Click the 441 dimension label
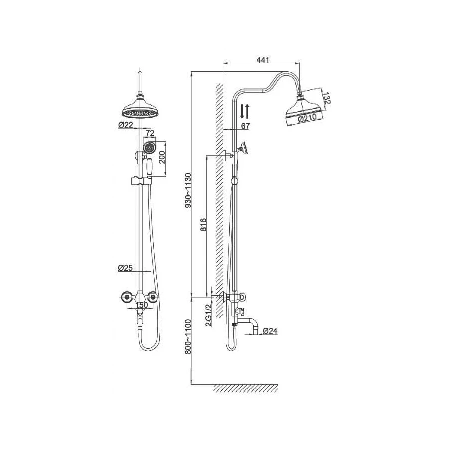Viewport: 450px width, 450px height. (263, 60)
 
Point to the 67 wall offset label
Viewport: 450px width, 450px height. (245, 126)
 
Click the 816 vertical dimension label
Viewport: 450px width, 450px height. (203, 225)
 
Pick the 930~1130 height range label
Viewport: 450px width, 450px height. (188, 190)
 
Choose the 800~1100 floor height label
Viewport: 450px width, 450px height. (188, 337)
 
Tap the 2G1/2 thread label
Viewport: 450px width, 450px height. (209, 315)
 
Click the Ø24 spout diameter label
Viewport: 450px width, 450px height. (270, 331)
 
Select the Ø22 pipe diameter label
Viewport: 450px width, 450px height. (125, 125)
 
